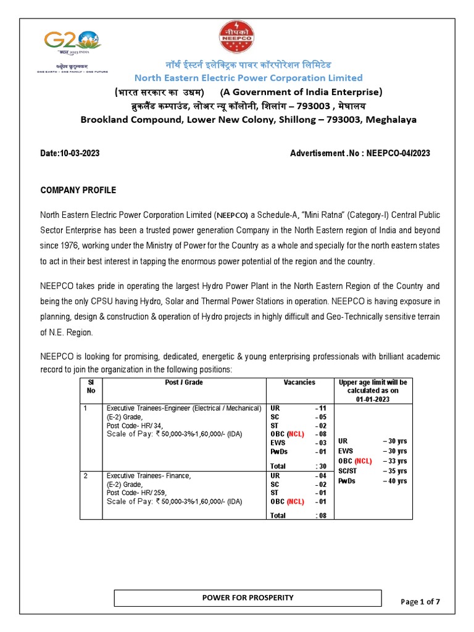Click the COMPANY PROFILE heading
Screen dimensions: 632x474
pos(78,190)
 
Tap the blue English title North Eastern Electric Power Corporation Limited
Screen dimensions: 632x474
pos(249,78)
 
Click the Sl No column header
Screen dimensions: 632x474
pos(91,386)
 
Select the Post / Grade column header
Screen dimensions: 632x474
pos(184,383)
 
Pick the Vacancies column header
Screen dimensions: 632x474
pos(299,383)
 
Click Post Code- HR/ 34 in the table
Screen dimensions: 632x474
pos(134,425)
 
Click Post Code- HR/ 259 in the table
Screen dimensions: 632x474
pos(136,493)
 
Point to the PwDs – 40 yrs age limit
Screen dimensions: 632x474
pos(372,481)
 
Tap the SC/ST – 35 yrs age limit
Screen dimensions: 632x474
pos(372,471)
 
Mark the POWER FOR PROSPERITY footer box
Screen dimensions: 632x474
pos(249,598)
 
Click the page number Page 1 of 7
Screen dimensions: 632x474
pos(420,602)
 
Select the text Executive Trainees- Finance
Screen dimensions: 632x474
pos(149,476)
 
